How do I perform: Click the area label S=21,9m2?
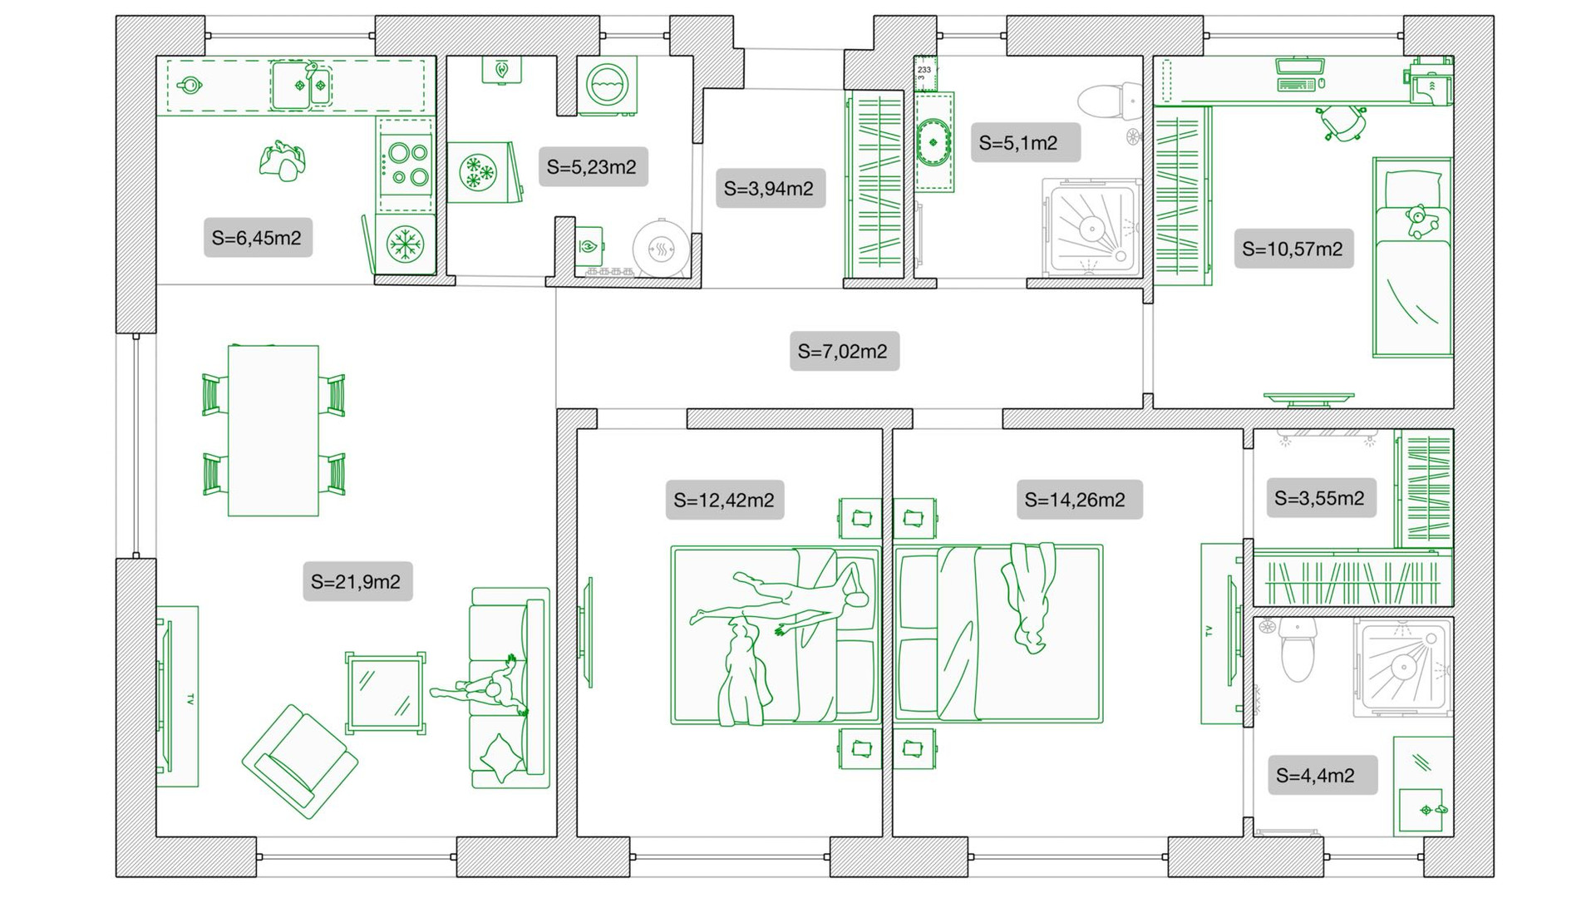tap(357, 582)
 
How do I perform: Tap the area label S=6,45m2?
tap(257, 238)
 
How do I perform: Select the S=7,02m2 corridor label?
tap(843, 352)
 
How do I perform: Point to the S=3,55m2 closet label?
tap(1319, 499)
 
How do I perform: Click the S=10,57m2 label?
tap(1293, 249)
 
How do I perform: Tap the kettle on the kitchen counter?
tap(190, 85)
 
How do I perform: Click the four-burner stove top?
tap(407, 165)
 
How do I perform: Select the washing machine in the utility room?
tap(608, 86)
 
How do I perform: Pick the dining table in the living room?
tap(273, 431)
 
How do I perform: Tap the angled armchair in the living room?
tap(299, 762)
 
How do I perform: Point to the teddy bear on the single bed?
tap(1419, 221)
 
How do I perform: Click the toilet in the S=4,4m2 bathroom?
tap(1298, 650)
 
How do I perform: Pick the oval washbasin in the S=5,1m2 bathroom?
tap(933, 142)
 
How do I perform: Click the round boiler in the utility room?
tap(661, 248)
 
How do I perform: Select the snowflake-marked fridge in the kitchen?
tap(406, 245)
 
